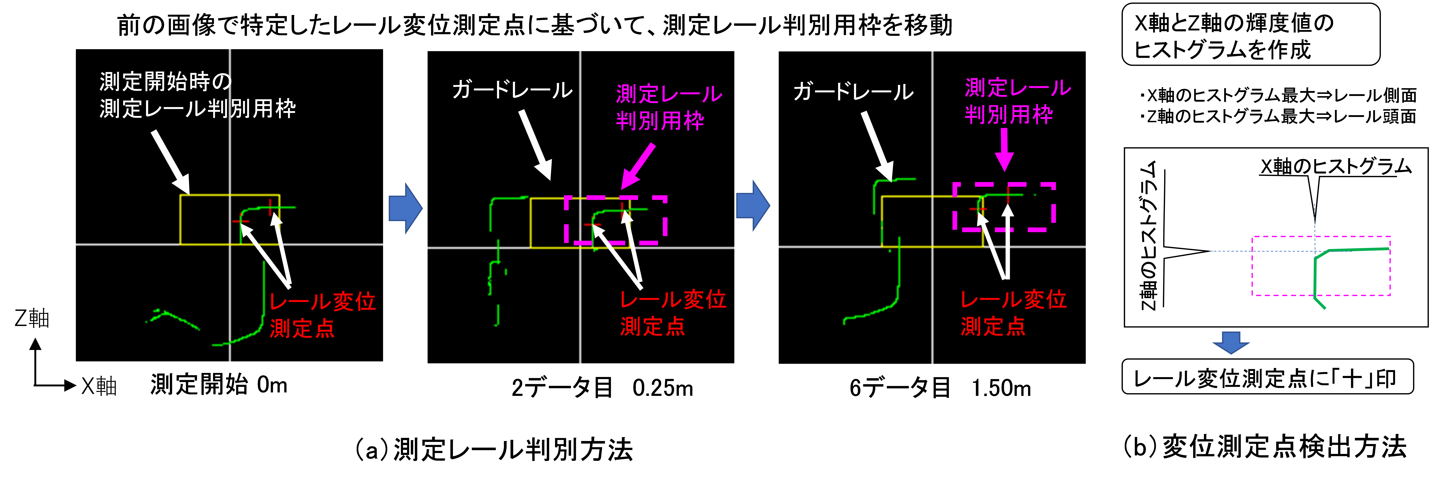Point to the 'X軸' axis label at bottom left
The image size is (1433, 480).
[x=99, y=385]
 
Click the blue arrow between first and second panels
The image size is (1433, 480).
[x=406, y=208]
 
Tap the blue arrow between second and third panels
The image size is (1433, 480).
[x=753, y=205]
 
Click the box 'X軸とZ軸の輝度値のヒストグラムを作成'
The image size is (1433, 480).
[x=1251, y=34]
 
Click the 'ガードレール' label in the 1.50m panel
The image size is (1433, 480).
[x=853, y=91]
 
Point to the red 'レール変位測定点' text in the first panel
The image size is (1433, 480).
[x=323, y=315]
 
